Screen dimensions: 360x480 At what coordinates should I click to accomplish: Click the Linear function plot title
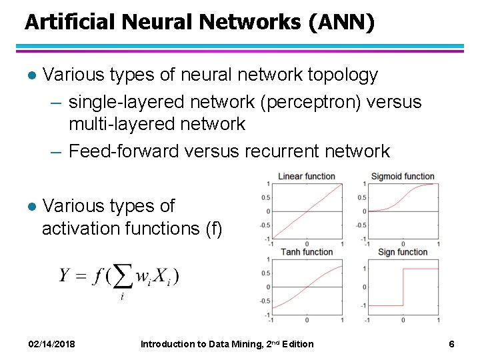pos(306,176)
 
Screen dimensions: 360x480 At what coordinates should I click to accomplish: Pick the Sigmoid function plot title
pos(403,176)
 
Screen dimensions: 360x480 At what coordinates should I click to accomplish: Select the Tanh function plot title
pos(307,251)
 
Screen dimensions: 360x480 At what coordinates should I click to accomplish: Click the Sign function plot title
pos(403,251)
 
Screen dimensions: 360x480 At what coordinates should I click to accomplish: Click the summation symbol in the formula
pos(121,275)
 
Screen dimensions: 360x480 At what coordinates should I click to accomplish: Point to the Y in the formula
pos(65,275)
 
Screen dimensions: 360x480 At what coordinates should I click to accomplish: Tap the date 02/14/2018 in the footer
pos(51,344)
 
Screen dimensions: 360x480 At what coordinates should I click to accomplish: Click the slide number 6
pos(451,344)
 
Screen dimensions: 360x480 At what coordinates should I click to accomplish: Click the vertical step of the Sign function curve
pos(403,287)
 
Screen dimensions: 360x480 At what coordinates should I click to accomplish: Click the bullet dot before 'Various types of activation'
pos(29,206)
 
